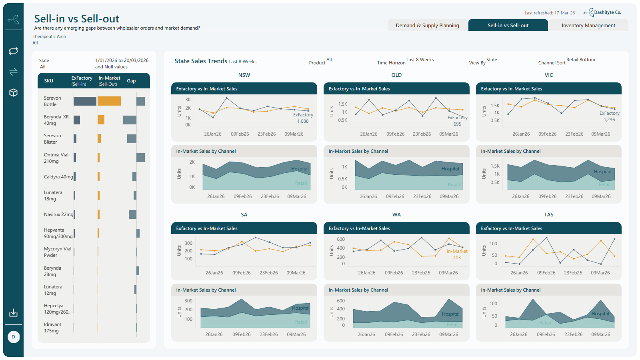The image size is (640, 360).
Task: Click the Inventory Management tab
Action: (588, 26)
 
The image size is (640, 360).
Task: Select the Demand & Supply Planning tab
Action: (428, 26)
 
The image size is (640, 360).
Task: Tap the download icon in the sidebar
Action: (14, 312)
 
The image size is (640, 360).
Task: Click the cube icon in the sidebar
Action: (14, 92)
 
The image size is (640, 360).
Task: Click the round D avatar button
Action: (14, 337)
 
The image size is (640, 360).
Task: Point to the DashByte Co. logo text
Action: (608, 12)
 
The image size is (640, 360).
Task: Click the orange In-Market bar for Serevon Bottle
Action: (109, 101)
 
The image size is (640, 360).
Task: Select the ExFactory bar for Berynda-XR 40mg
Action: (77, 120)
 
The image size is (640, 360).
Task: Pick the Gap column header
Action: (131, 81)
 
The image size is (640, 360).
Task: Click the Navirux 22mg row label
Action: (58, 214)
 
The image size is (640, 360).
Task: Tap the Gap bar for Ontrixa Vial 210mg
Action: (140, 158)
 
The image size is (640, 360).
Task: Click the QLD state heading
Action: (396, 75)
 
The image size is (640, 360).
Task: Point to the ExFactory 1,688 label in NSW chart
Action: (303, 118)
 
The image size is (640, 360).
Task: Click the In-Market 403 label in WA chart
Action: (457, 254)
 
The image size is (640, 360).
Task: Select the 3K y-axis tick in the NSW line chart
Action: (188, 100)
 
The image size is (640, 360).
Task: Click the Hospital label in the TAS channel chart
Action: (600, 314)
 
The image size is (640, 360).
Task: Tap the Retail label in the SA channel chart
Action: (301, 322)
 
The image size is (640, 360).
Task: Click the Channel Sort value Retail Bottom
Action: (580, 60)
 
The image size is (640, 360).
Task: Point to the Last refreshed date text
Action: (550, 13)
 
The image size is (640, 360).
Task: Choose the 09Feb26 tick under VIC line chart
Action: (547, 134)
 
